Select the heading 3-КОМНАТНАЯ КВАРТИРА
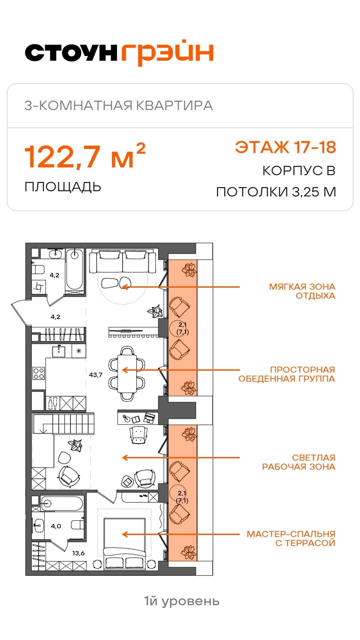pos(119,105)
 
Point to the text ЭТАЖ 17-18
pos(285,147)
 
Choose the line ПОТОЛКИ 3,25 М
pos(276,192)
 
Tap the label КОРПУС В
pos(299,171)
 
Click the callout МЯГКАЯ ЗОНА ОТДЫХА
pos(302,291)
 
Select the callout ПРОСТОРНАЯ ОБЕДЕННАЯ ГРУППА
pos(287,374)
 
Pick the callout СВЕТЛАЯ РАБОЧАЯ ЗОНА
pos(299,462)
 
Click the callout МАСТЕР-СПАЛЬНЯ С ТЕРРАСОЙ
pos(291,539)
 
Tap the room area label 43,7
pos(96,375)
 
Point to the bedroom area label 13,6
pos(78,553)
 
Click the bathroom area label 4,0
pos(56,526)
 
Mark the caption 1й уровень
pos(182,601)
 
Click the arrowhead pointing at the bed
pos(125,534)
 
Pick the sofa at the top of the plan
pos(122,262)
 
